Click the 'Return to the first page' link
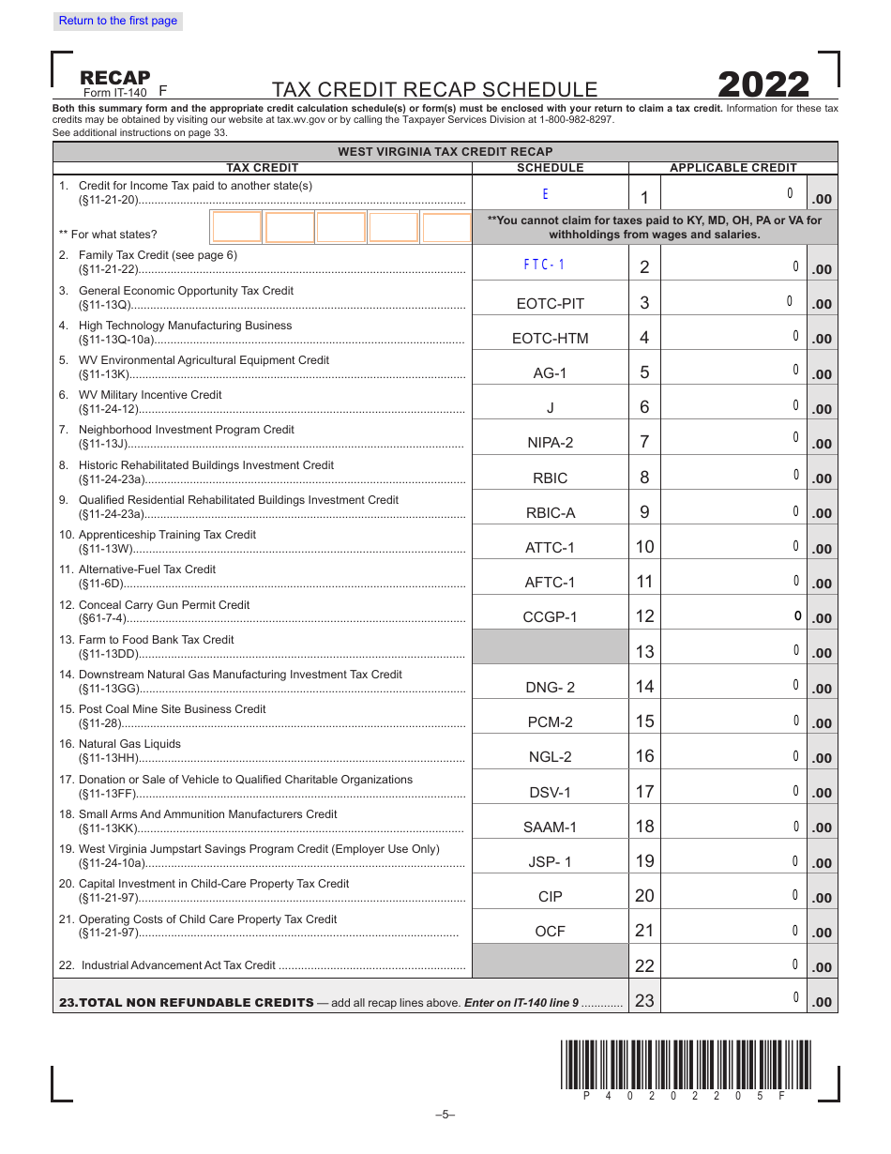[118, 21]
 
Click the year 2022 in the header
[763, 85]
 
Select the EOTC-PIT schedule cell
[550, 303]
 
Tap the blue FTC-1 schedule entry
[545, 265]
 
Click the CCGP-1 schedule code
[550, 616]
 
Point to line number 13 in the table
[644, 652]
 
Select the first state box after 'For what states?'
[237, 228]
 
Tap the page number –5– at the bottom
[445, 1115]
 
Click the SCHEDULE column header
[550, 168]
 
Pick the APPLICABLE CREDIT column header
[732, 168]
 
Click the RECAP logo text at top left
[114, 78]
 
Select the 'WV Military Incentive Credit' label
[150, 395]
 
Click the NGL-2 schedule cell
[550, 756]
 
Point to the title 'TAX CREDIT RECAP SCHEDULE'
[434, 90]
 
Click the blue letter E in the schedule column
[545, 195]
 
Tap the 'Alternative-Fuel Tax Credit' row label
[146, 569]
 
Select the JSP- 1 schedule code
[550, 861]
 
